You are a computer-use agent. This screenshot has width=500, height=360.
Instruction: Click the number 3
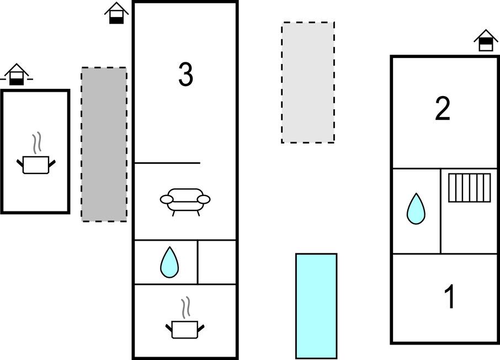coord(185,75)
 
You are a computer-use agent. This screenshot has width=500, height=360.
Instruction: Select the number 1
coord(450,297)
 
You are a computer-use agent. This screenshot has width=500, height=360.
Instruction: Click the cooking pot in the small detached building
coord(36,164)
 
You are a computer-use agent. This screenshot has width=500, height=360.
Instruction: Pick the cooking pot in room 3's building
coord(185,329)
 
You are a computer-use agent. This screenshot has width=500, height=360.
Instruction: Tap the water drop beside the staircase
coord(416,209)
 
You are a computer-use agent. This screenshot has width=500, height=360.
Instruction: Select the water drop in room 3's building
coord(169,262)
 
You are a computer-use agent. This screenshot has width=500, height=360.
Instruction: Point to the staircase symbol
coord(469,188)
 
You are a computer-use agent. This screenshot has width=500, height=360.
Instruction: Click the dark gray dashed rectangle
coord(104,144)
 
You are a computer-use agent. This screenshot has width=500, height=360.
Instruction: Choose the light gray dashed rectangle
coord(307,82)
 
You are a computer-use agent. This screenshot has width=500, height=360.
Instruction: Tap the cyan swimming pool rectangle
coord(316,306)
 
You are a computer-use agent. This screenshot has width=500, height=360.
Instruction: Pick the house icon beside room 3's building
coord(116,13)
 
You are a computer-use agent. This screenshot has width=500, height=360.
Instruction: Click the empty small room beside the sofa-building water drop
coord(217,262)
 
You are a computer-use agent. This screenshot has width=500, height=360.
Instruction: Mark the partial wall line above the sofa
coord(167,163)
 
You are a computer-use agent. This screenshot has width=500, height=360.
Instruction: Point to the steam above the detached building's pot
coord(37,143)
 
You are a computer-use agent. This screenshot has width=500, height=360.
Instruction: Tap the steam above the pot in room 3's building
coord(186,307)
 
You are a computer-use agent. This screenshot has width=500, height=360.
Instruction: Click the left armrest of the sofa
coord(166,199)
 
